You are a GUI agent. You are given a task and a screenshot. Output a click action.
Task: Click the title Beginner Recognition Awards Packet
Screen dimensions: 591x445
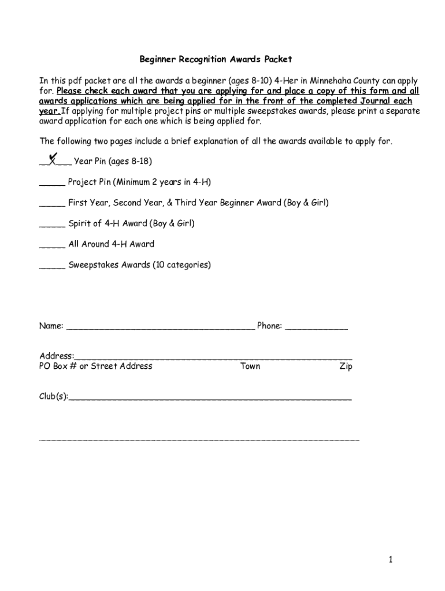(x=216, y=59)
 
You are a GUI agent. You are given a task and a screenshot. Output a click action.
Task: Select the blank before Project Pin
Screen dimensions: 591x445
(x=52, y=184)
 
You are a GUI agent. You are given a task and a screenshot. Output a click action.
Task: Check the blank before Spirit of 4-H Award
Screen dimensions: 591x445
(x=52, y=225)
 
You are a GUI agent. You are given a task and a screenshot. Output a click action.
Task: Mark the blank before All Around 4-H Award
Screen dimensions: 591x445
(x=52, y=245)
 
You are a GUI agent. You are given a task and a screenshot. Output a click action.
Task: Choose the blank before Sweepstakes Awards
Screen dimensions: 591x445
(x=52, y=266)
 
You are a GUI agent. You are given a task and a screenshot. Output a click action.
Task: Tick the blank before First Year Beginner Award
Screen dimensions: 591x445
(x=52, y=204)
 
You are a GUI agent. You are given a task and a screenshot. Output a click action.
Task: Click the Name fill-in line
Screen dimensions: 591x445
(x=160, y=328)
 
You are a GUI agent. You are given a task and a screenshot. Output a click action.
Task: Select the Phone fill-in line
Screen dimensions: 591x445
(x=317, y=328)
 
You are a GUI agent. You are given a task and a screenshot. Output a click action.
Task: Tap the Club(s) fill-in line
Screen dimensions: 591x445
(x=210, y=398)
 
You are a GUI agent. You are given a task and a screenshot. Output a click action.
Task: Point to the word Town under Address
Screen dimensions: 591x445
(x=250, y=366)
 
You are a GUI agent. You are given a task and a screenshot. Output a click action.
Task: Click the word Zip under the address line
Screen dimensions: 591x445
(x=346, y=366)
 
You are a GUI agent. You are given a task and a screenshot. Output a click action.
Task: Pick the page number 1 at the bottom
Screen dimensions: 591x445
(x=391, y=559)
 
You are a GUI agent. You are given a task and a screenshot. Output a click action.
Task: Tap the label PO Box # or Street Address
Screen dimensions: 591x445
(x=96, y=366)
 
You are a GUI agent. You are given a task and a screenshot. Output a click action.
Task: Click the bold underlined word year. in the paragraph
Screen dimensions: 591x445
(x=50, y=111)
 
